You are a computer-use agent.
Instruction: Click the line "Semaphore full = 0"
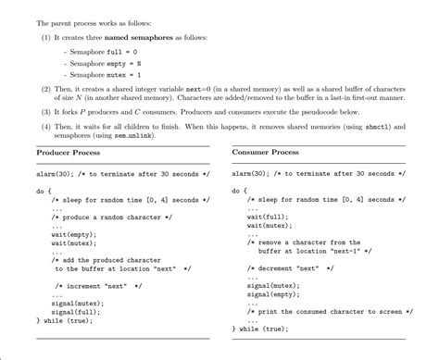103,52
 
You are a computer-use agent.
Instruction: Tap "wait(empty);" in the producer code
73,234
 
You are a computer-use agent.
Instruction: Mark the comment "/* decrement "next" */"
289,268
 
